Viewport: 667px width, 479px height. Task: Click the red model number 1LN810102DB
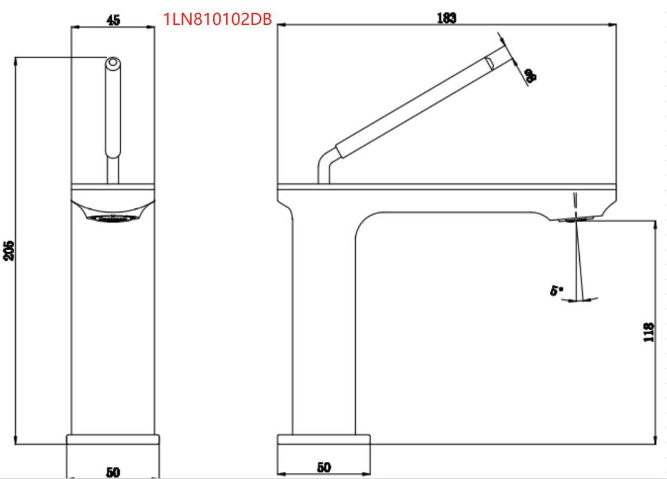[x=217, y=19]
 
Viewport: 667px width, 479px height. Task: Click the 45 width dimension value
[x=113, y=20]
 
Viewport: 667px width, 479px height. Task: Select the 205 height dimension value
[x=8, y=249]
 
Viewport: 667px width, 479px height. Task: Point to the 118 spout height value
[x=648, y=332]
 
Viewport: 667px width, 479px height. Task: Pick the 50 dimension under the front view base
[x=112, y=472]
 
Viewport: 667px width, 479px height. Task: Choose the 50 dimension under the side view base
[x=324, y=467]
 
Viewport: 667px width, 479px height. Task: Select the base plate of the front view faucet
[x=113, y=440]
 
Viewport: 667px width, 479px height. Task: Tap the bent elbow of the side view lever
[x=324, y=159]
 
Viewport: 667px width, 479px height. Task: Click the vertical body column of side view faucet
[x=323, y=321]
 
